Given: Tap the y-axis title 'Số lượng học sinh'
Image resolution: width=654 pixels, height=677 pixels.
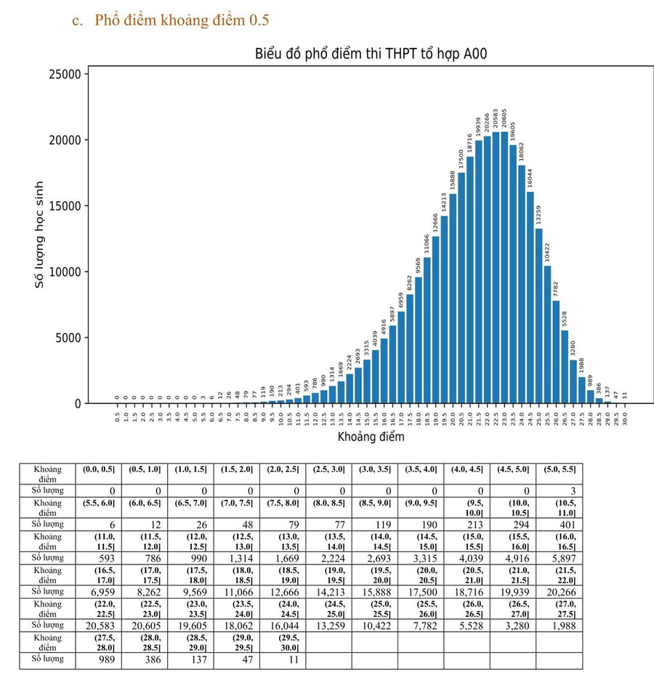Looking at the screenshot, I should tap(40, 235).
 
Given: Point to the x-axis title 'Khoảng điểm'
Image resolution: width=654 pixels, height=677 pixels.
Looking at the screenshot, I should tap(371, 437).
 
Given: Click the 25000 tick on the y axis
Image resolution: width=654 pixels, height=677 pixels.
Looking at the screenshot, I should tap(65, 74).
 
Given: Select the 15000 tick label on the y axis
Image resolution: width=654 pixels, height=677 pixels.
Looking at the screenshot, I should tap(65, 206).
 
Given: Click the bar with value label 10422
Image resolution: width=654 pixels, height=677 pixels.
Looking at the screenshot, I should tap(547, 334).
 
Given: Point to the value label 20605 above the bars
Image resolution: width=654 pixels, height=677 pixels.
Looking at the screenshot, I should tap(504, 118).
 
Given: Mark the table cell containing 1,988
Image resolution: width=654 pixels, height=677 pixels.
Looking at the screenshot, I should tap(560, 626).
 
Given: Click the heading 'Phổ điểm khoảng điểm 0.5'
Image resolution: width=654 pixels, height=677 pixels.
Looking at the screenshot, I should tap(171, 20).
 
